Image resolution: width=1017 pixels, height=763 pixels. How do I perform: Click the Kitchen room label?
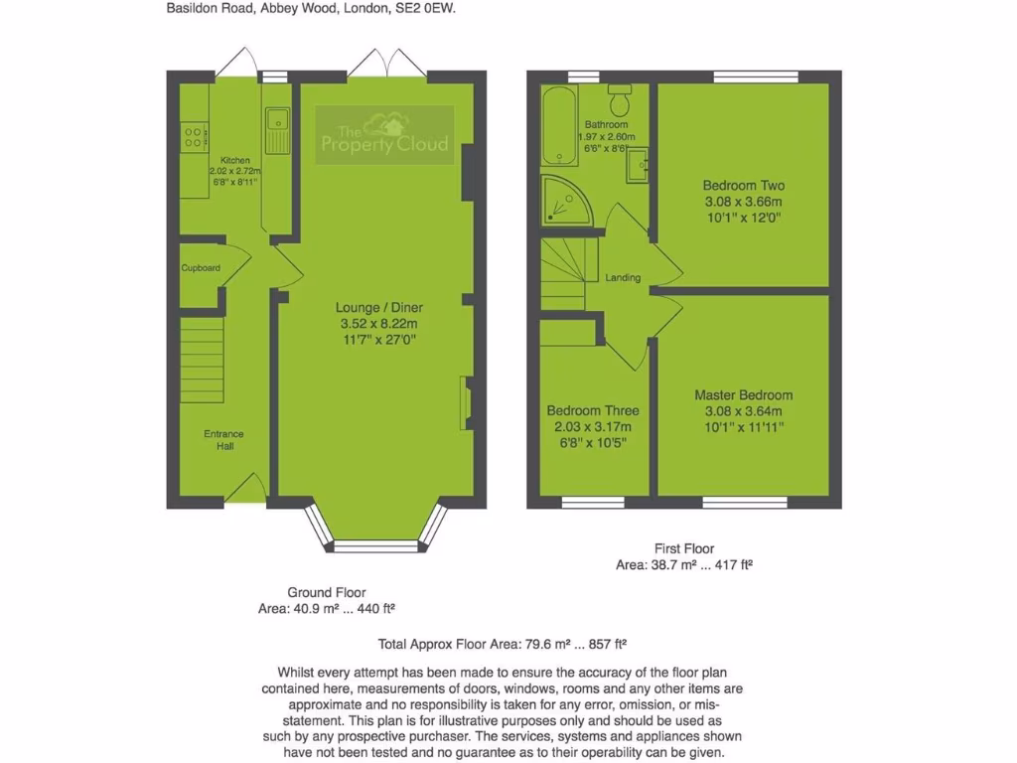(x=235, y=160)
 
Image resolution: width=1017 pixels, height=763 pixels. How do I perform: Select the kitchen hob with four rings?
(x=194, y=138)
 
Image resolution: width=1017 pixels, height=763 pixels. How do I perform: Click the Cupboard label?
(x=201, y=268)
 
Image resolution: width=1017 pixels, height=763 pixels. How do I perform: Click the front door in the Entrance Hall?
(x=245, y=490)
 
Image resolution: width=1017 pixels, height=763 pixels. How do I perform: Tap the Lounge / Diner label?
(x=372, y=308)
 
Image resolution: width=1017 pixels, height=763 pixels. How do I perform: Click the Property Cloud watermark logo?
(x=382, y=136)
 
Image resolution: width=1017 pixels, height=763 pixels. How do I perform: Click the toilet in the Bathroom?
(x=621, y=101)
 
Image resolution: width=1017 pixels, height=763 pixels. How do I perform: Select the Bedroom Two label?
(x=744, y=186)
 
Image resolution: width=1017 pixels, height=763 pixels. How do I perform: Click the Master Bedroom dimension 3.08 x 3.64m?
(x=744, y=411)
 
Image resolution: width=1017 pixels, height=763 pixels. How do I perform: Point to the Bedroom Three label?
(x=593, y=410)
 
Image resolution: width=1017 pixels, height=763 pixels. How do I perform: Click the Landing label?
(x=623, y=278)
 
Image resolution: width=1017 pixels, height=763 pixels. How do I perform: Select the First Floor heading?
(x=684, y=548)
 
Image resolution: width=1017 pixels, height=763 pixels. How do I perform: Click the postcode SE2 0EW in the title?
(x=430, y=7)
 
